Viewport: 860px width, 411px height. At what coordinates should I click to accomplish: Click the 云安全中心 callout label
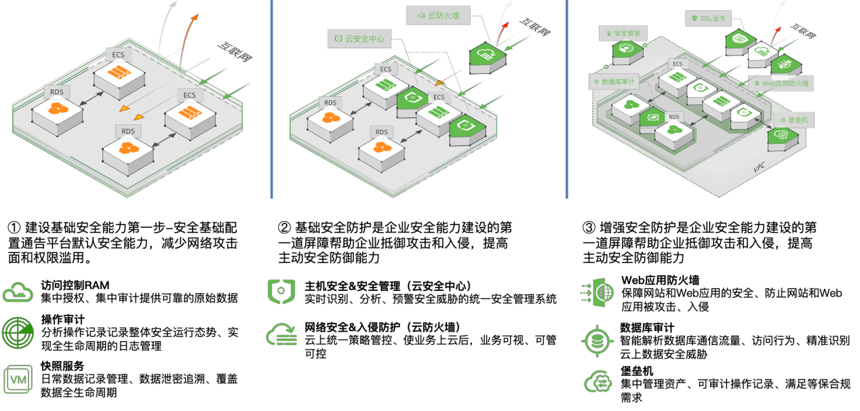pyautogui.click(x=359, y=39)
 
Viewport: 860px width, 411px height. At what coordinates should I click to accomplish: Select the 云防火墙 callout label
pyautogui.click(x=439, y=15)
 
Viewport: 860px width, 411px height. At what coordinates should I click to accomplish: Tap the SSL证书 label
pyautogui.click(x=708, y=18)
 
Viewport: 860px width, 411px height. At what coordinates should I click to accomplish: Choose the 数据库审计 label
pyautogui.click(x=613, y=82)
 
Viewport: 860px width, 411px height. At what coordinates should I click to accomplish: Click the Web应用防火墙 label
pyautogui.click(x=781, y=83)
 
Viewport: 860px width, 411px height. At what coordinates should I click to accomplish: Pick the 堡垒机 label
pyautogui.click(x=794, y=119)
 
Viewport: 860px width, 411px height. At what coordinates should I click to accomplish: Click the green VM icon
pyautogui.click(x=18, y=379)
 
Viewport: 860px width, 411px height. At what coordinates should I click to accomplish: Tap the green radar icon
pyautogui.click(x=18, y=334)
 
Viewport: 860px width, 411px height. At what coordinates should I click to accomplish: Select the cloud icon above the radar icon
pyautogui.click(x=18, y=292)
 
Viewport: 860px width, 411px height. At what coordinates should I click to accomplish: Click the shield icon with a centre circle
pyautogui.click(x=281, y=291)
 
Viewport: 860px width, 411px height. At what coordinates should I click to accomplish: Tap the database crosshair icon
pyautogui.click(x=598, y=340)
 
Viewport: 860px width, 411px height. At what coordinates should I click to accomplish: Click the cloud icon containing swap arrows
pyautogui.click(x=598, y=382)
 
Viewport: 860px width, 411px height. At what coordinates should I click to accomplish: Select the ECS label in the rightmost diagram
pyautogui.click(x=678, y=64)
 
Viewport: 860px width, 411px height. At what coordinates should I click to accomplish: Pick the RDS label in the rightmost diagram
pyautogui.click(x=674, y=117)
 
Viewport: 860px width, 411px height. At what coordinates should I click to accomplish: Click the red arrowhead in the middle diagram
pyautogui.click(x=505, y=25)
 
